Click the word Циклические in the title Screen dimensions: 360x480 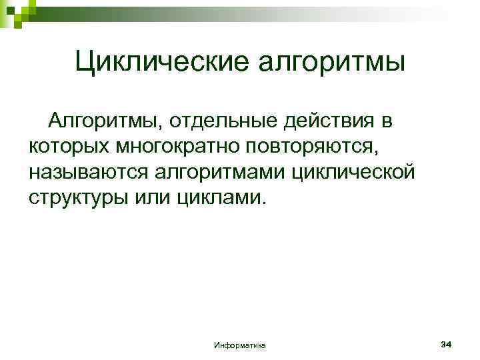point(162,64)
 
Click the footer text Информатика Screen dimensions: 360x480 point(239,345)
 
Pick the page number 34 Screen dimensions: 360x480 point(447,343)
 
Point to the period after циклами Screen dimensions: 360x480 point(263,203)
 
